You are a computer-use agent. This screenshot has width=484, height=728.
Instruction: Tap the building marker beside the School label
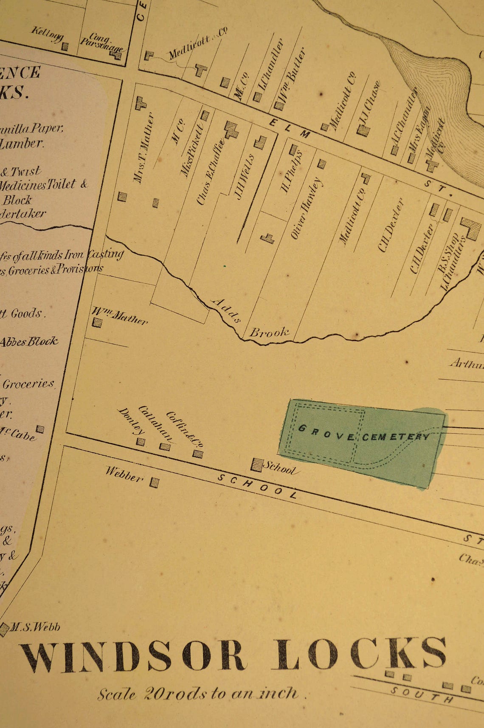[x=256, y=465]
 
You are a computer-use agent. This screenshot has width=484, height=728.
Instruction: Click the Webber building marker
[x=154, y=483]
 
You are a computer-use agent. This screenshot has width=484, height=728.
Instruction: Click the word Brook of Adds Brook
[x=269, y=332]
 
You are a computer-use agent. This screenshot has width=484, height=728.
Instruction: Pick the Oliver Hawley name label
[x=306, y=208]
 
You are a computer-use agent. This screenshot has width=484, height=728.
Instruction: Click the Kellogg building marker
[x=65, y=46]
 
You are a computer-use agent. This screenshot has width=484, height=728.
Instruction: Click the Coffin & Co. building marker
[x=198, y=454]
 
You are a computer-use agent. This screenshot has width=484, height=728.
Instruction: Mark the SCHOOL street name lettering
[x=257, y=486]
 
